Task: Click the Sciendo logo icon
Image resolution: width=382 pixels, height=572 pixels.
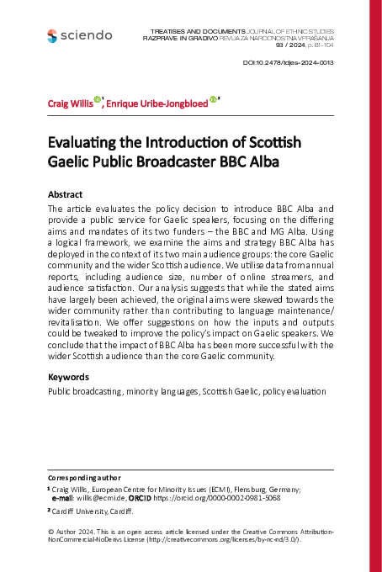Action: [53, 35]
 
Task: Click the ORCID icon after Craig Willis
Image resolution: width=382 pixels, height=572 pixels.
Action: [97, 100]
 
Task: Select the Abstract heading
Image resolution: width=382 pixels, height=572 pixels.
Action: [66, 193]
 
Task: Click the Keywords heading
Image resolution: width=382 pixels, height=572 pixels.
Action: [68, 377]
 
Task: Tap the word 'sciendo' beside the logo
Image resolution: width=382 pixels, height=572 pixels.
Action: [87, 35]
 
